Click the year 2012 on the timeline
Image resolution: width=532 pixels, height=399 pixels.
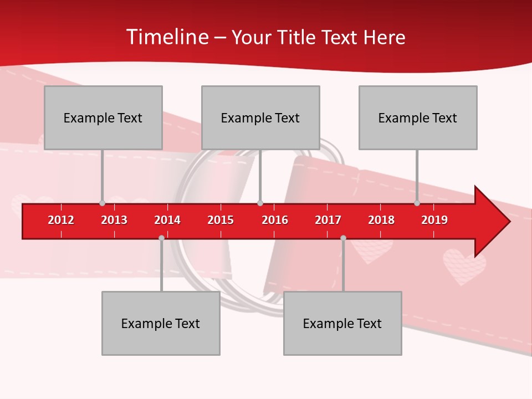(61, 220)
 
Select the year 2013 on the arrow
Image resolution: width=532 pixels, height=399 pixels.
(114, 220)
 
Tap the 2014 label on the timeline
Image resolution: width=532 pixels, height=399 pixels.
(167, 220)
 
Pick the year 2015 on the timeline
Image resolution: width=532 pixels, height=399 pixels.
(221, 220)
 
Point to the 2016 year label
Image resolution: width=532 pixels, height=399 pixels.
(275, 220)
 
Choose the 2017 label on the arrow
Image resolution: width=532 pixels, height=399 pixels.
(328, 220)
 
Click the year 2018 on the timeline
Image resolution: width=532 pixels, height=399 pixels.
(381, 220)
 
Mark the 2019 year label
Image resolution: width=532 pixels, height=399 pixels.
(434, 220)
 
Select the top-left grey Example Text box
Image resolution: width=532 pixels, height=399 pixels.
(103, 117)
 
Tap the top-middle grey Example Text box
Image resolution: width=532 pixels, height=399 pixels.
(260, 117)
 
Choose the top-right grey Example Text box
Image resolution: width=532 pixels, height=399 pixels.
(418, 117)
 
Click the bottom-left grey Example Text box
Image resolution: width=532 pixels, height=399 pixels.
(161, 323)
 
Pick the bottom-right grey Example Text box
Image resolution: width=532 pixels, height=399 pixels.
(342, 323)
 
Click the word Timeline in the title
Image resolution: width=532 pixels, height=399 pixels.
(166, 37)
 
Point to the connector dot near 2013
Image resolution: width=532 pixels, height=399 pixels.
(102, 203)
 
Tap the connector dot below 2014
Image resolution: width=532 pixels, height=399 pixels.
(161, 238)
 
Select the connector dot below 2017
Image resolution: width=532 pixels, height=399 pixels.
(343, 238)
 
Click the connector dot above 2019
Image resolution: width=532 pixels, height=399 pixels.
(417, 203)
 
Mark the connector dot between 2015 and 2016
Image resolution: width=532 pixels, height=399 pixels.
(260, 203)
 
